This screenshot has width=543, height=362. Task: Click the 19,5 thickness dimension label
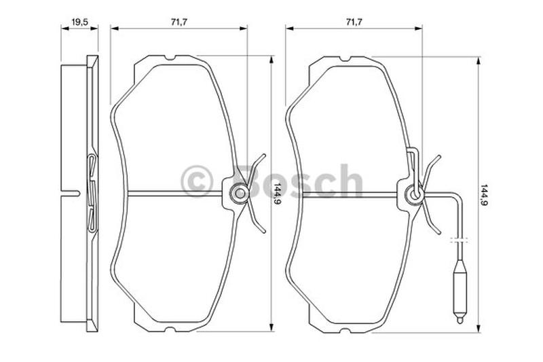pyautogui.click(x=79, y=22)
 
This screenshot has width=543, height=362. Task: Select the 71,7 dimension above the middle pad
pyautogui.click(x=179, y=22)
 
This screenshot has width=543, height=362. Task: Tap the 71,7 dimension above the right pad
pyautogui.click(x=354, y=22)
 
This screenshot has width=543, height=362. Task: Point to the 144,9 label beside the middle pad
pyautogui.click(x=277, y=194)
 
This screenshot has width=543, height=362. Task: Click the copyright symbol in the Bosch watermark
pyautogui.click(x=197, y=181)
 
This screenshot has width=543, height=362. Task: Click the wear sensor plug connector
pyautogui.click(x=460, y=291)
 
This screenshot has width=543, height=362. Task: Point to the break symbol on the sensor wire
pyautogui.click(x=460, y=240)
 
